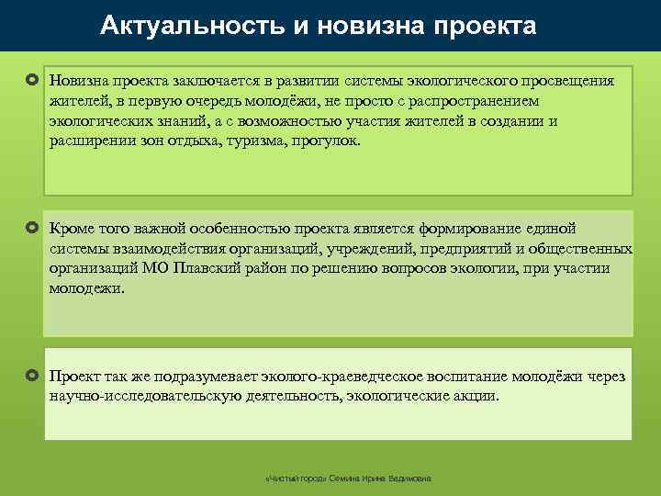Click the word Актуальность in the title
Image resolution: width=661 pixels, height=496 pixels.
click(193, 25)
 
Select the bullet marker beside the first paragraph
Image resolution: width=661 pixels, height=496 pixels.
click(31, 81)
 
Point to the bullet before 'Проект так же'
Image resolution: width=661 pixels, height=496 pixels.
click(31, 377)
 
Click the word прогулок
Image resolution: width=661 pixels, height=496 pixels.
click(329, 141)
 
